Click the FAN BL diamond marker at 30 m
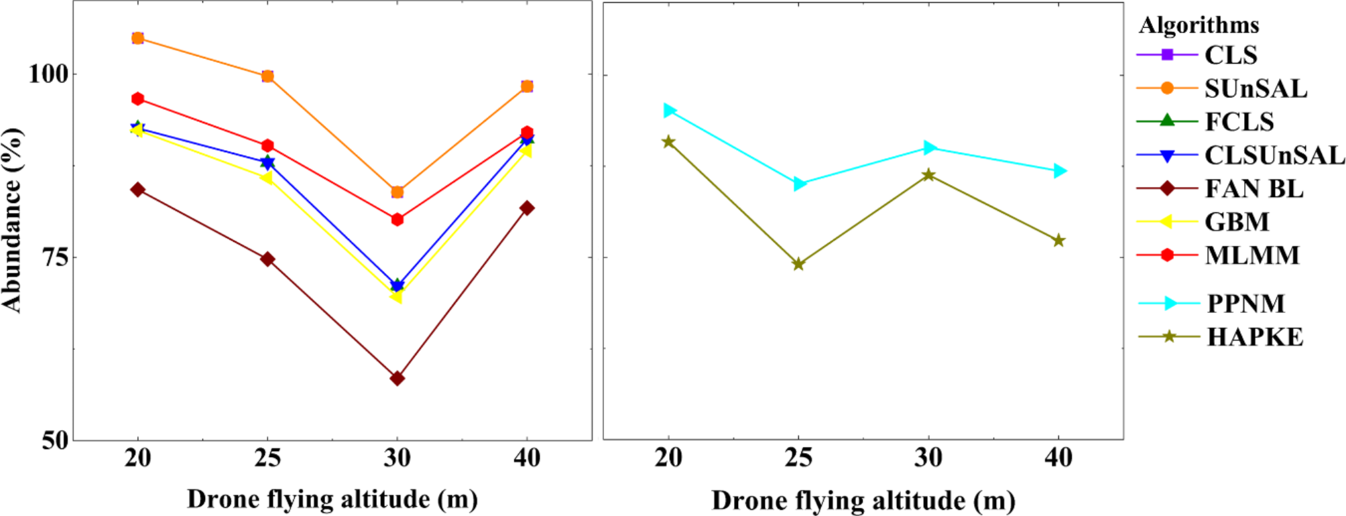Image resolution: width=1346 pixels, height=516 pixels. point(397,379)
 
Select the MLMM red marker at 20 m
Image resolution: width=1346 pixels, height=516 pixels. point(137,99)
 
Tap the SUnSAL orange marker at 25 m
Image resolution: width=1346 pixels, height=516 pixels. point(267,76)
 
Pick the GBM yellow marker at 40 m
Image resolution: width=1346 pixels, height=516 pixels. point(526,151)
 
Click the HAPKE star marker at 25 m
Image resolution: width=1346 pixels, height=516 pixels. point(798,264)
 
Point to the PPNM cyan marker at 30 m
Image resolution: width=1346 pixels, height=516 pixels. point(928,147)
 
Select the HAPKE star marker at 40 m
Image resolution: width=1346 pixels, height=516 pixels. point(1058,241)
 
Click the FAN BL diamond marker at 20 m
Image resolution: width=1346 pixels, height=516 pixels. point(137,190)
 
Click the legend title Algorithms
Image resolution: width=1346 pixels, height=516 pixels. point(1199,25)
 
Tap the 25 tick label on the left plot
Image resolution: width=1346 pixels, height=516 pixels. point(267,458)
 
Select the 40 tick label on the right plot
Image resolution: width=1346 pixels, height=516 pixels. point(1058,458)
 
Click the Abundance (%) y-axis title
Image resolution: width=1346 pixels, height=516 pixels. point(12,220)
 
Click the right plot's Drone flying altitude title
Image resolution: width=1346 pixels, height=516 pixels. point(863,501)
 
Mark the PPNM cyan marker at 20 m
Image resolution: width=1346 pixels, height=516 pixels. point(669,111)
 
